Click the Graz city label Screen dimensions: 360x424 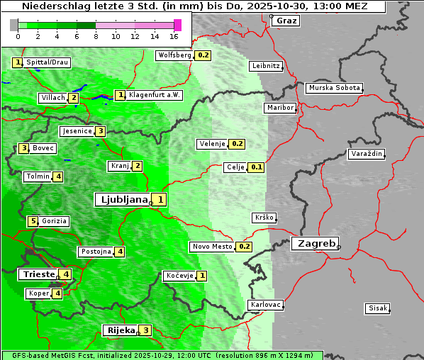point(286,21)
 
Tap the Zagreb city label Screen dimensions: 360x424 point(314,243)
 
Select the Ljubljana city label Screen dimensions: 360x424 point(123,200)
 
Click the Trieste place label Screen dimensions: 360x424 point(38,274)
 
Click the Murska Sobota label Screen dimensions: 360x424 point(334,89)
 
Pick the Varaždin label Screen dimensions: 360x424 point(366,154)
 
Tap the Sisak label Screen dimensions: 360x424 point(376,308)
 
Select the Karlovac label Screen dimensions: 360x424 point(265,305)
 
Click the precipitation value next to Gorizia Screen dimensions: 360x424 point(33,221)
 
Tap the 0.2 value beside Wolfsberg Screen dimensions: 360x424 point(203,55)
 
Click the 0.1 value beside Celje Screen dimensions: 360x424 point(257,167)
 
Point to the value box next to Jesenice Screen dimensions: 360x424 point(101,131)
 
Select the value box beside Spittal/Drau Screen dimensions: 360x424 point(18,62)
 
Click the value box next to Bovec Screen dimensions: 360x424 point(24,148)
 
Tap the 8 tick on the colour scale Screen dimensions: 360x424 point(96,35)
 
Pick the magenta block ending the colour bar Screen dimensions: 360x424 point(177,25)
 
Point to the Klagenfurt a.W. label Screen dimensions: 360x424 point(155,95)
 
